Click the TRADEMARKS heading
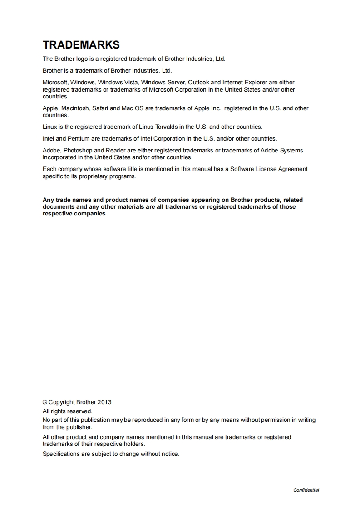(81, 45)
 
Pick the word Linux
(49, 127)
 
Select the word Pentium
(78, 139)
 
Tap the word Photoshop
(78, 151)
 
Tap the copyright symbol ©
(45, 402)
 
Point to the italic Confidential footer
(306, 490)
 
